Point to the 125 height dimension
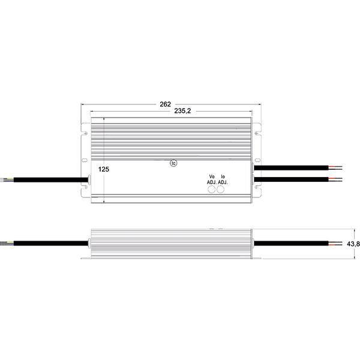click(x=104, y=170)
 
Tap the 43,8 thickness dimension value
click(x=353, y=244)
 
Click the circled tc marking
click(x=174, y=163)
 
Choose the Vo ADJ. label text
click(x=211, y=179)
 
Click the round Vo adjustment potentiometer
click(x=211, y=189)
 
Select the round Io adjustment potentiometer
click(x=221, y=189)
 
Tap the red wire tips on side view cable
click(x=335, y=244)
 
